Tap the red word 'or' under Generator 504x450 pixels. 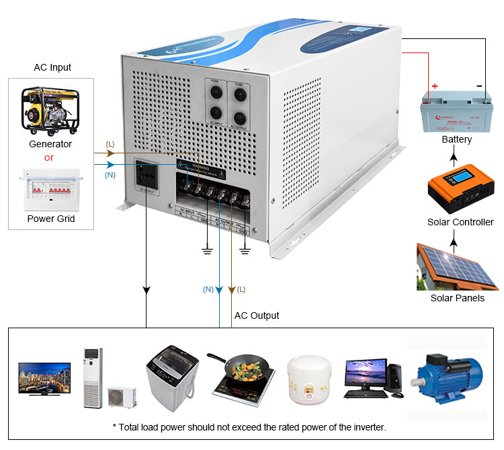(x=49, y=158)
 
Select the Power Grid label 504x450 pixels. (x=51, y=219)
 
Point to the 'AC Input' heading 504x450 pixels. (x=52, y=67)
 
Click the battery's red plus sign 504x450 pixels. (x=434, y=86)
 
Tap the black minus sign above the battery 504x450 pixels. (x=478, y=86)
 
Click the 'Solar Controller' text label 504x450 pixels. (x=460, y=222)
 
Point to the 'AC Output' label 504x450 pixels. (x=257, y=315)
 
